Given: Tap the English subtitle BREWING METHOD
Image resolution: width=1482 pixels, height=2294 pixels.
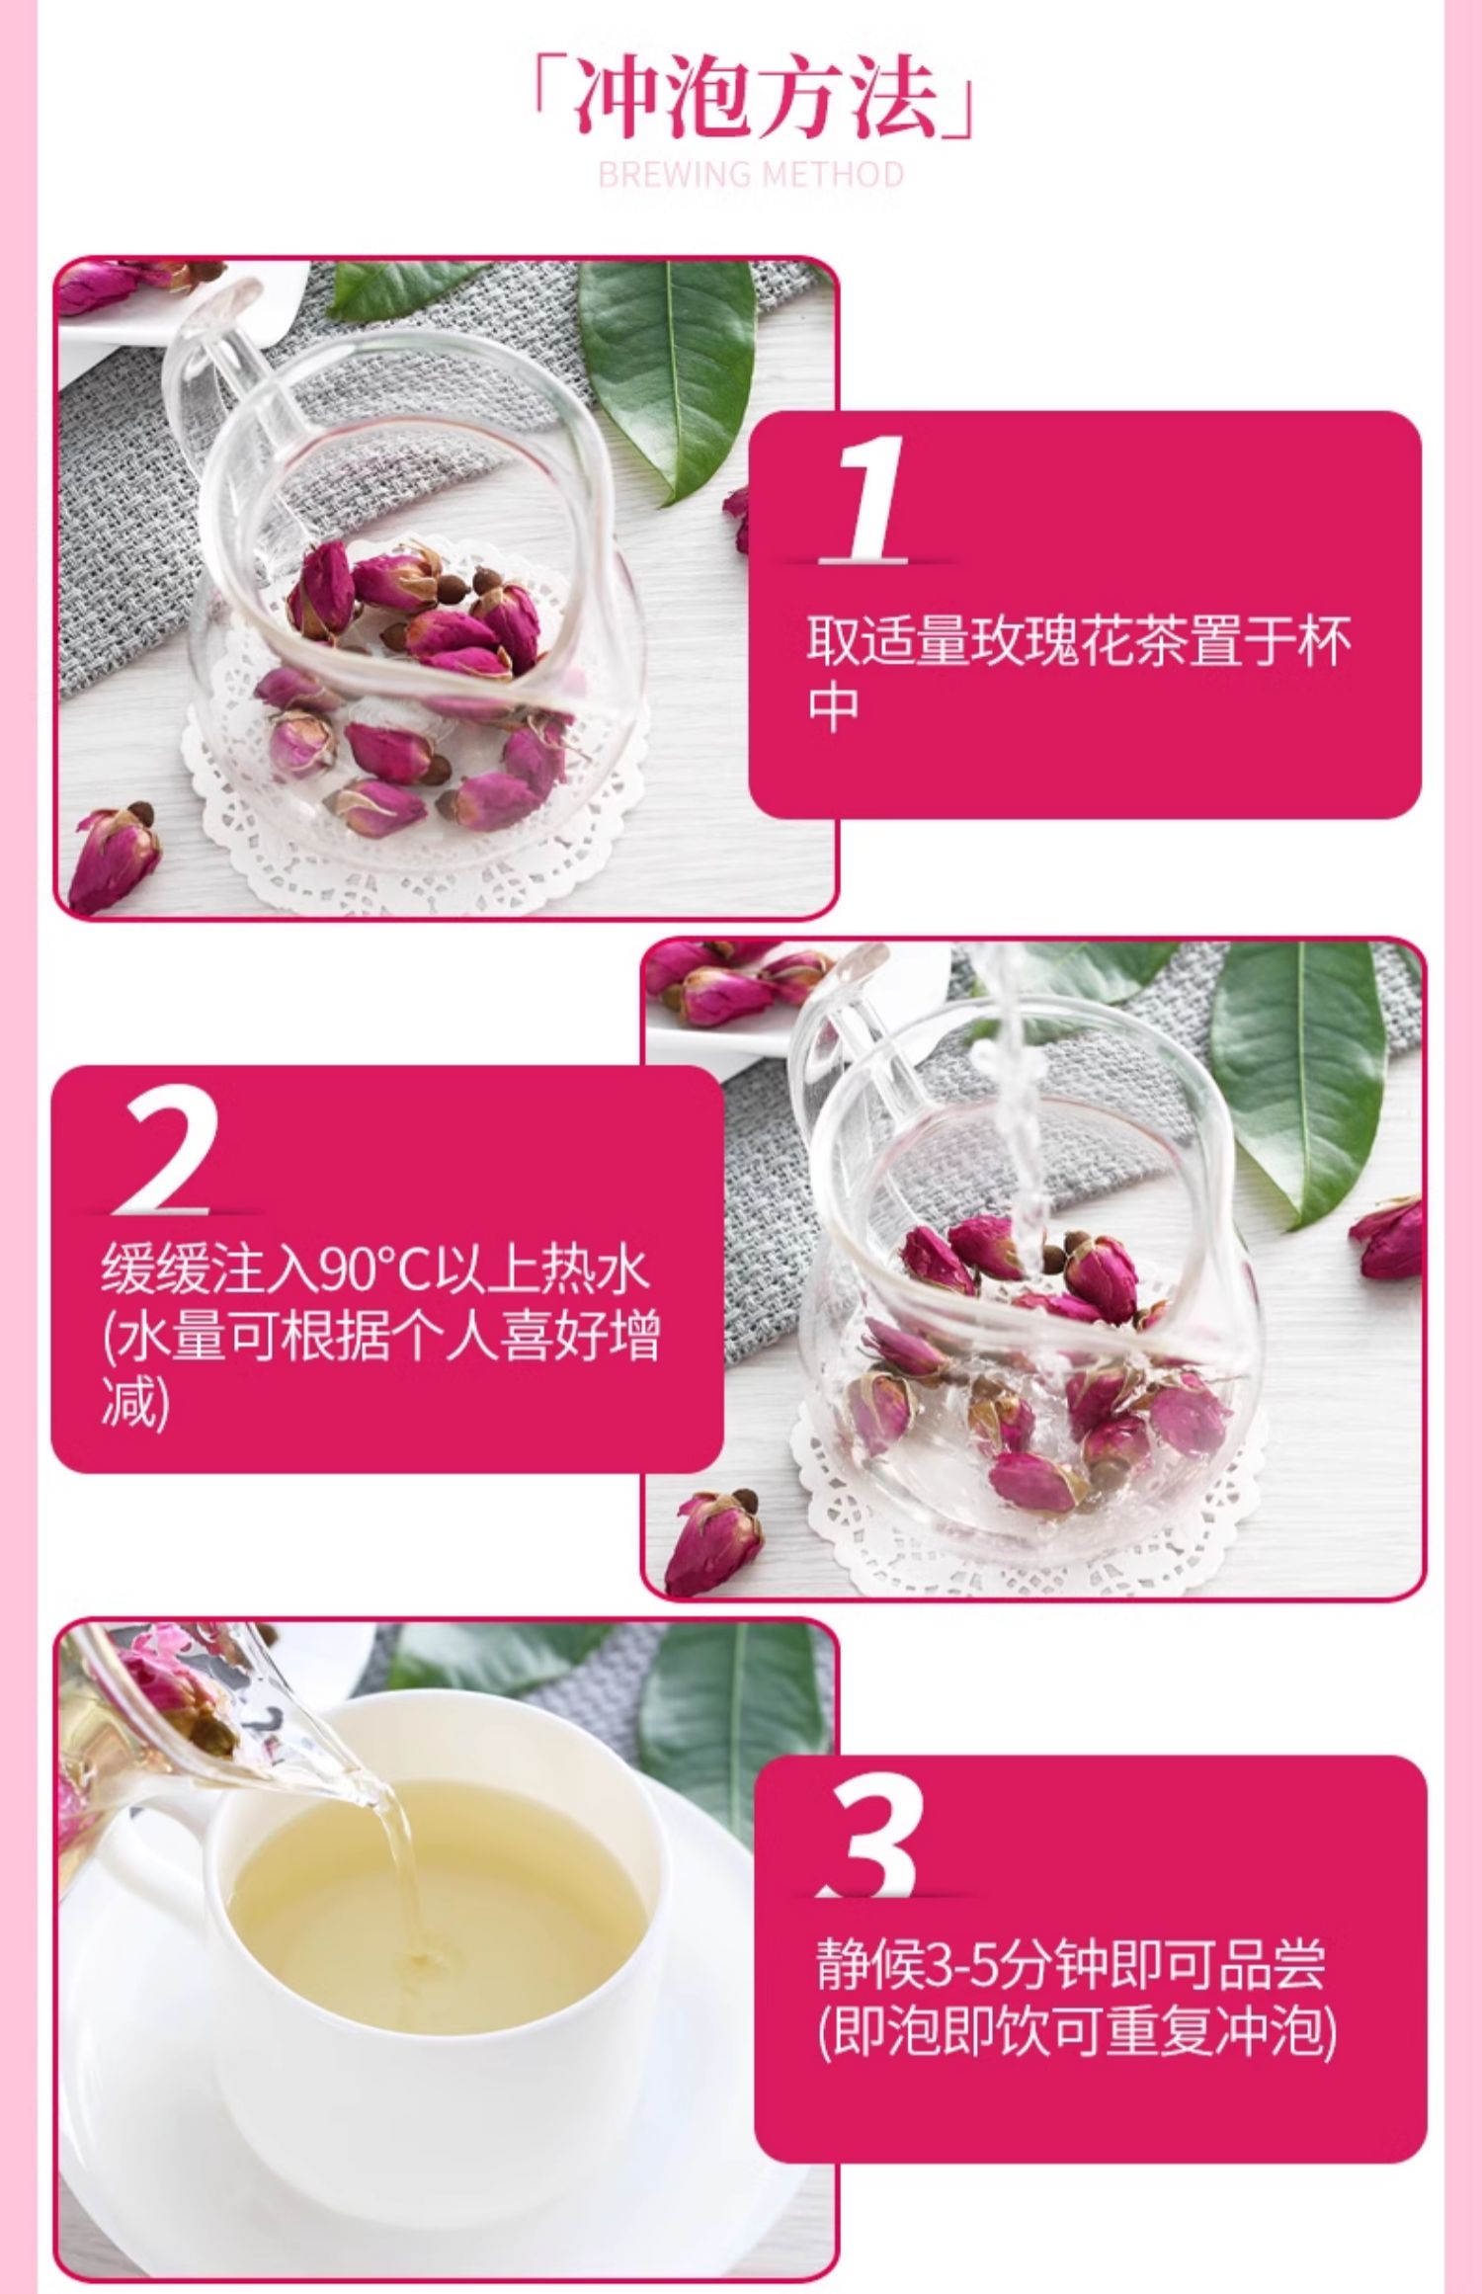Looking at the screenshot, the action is coord(752,175).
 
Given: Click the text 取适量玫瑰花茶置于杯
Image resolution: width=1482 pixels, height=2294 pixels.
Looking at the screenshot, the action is coord(1079,641).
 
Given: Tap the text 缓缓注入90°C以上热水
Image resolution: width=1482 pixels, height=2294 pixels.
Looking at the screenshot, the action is coord(375,1270).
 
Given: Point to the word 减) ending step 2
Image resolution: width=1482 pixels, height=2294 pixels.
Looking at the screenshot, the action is coord(135,1403).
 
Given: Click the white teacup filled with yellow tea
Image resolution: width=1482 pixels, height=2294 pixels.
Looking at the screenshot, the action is coord(435,1966).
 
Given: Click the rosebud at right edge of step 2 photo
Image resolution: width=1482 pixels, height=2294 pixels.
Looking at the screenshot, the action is coord(1387,1235).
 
